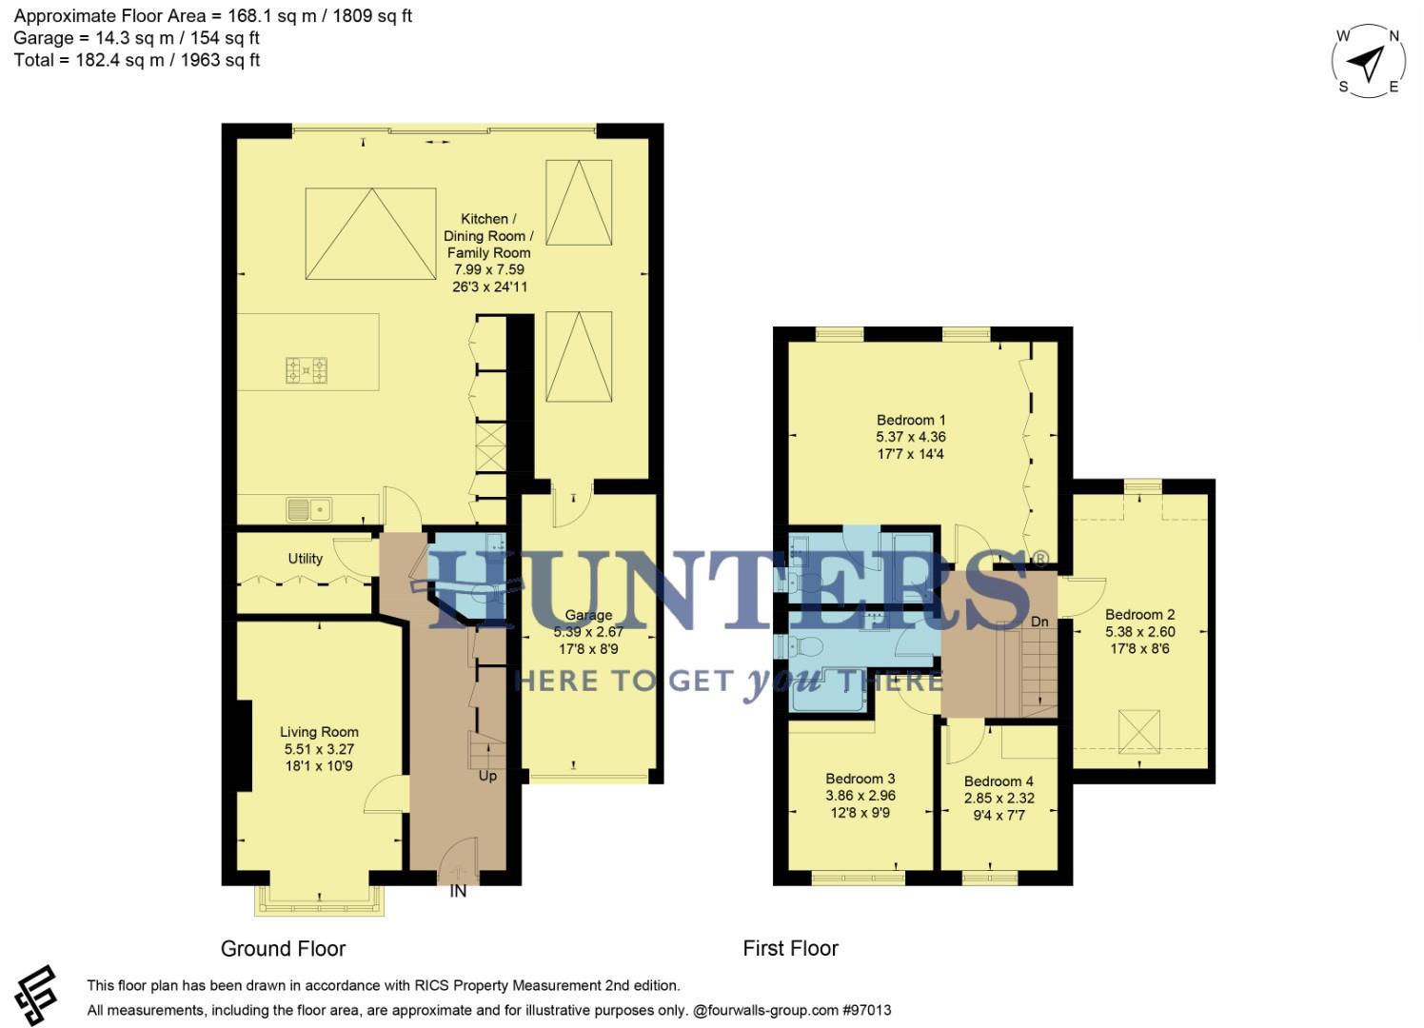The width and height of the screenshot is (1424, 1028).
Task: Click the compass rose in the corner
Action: coord(1368,62)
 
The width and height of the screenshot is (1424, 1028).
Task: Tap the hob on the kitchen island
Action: coord(307,369)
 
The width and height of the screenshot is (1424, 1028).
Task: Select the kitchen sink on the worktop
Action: coord(307,510)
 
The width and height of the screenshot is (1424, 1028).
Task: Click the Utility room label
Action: coord(305,559)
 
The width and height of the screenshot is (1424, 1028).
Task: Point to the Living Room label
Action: coord(319,732)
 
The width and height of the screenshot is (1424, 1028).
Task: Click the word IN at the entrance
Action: coord(458,892)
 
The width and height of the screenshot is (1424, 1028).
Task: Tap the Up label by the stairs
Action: coord(487,776)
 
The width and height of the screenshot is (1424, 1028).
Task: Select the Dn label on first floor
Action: coord(1039,622)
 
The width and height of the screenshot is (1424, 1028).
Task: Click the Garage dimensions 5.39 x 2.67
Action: coord(588,632)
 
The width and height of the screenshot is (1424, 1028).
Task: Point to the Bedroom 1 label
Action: coord(911,420)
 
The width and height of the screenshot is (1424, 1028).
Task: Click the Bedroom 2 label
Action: coord(1139,615)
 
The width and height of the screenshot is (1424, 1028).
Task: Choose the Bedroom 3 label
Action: coord(860,779)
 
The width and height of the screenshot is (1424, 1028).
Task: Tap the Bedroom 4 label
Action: coord(999,781)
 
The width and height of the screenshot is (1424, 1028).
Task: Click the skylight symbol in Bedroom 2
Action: coord(1138,731)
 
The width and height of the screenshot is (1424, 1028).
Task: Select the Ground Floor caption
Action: coord(283,949)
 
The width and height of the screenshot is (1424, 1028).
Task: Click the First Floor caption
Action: coord(790,949)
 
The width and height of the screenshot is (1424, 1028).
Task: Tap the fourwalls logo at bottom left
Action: coord(36,995)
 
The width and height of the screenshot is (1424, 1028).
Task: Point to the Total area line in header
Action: coord(137,60)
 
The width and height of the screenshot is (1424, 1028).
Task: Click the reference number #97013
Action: coord(866,1010)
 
